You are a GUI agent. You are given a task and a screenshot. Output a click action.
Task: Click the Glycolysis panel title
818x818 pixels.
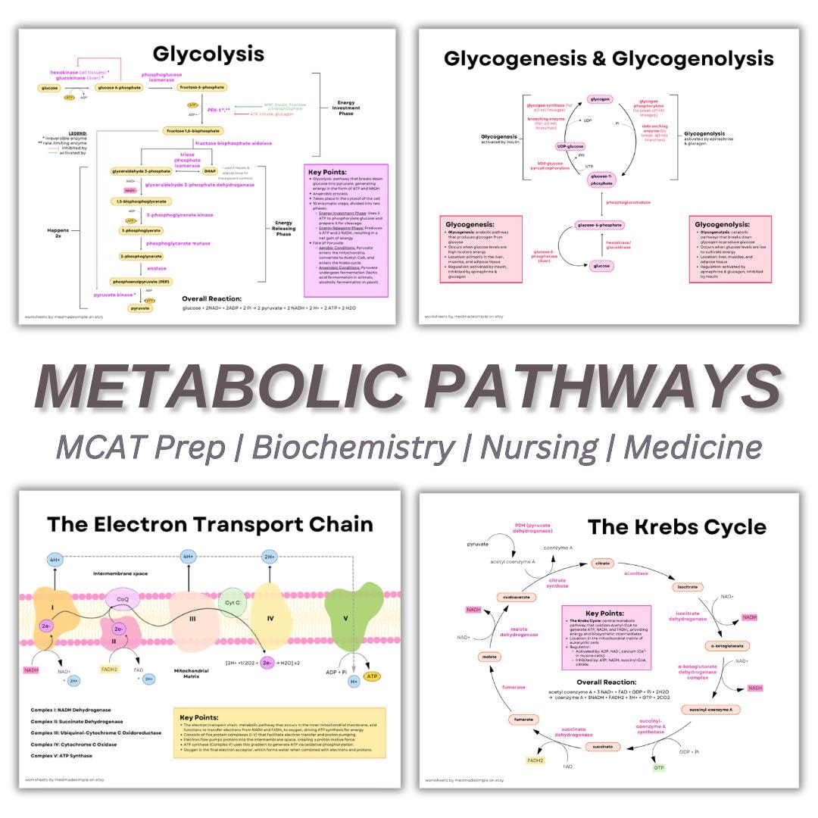point(208,54)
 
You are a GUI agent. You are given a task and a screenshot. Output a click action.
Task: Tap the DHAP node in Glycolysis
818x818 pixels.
point(210,171)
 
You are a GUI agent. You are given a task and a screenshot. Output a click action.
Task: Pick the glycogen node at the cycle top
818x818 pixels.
point(600,99)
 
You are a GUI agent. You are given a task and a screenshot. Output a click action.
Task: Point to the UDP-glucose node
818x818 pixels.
point(570,146)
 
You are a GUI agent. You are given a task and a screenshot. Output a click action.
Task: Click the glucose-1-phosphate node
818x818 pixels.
point(600,180)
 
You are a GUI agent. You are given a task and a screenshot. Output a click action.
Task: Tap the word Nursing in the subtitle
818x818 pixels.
point(539,447)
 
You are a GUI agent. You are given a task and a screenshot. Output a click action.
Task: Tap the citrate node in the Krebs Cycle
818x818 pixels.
point(602,564)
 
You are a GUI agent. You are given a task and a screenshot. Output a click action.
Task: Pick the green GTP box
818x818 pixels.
point(658,767)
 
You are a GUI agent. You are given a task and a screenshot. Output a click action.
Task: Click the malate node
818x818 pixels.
point(489,657)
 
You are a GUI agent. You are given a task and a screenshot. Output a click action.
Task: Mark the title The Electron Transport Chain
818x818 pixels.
point(210,524)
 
